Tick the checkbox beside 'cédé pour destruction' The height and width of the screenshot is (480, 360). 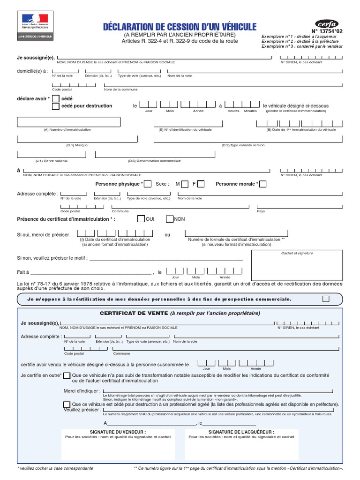click(56, 106)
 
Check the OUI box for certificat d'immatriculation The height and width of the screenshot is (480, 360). click(141, 219)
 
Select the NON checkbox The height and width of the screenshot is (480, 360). click(170, 219)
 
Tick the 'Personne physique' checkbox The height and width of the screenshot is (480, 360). click(148, 184)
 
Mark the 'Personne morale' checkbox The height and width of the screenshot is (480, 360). click(262, 184)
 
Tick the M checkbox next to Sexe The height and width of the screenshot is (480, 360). click(185, 184)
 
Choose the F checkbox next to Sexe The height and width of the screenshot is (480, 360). click(201, 184)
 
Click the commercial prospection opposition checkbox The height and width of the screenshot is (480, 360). click(326, 299)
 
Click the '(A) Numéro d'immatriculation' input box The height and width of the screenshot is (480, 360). click(52, 122)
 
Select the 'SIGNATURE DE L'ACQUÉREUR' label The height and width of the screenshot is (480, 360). click(241, 432)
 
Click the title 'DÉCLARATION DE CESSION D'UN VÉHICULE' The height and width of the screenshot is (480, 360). click(180, 27)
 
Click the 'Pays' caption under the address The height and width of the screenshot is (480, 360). click(261, 211)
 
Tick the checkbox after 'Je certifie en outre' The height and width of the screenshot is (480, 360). click(67, 375)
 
